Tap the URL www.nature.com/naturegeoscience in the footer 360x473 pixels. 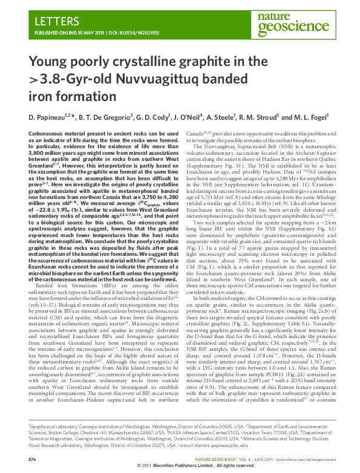304,459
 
